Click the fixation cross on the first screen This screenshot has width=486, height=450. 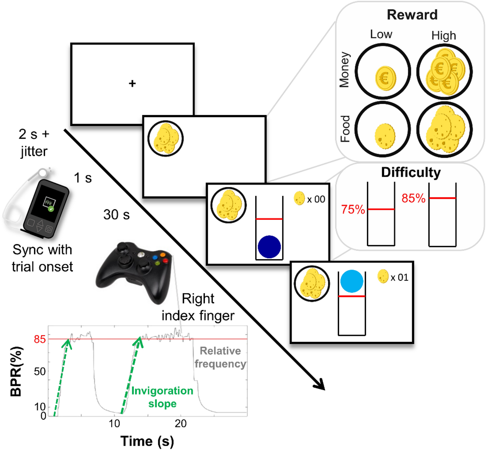pos(132,83)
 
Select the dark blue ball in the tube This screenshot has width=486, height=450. pos(269,247)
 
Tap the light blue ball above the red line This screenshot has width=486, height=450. pos(351,281)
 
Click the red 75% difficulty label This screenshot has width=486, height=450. pos(353,209)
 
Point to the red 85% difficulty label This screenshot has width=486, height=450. pos(413,198)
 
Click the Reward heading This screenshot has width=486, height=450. pos(412,15)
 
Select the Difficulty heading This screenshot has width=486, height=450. pos(411,172)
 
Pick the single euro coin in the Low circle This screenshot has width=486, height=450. pos(385,78)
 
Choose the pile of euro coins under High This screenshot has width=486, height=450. pos(445,72)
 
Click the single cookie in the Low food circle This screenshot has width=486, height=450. pos(385,136)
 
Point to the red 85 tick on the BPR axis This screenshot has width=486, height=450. pos(40,339)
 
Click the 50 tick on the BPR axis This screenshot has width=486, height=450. pos(40,371)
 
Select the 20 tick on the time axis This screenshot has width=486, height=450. pos(181,423)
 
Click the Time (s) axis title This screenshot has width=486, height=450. pos(147,441)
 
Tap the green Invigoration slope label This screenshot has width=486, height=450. pos(162,397)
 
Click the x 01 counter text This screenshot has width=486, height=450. pos(399,278)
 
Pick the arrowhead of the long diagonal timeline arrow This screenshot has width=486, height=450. pos(319,384)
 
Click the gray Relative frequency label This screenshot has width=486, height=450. pos(220,357)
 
